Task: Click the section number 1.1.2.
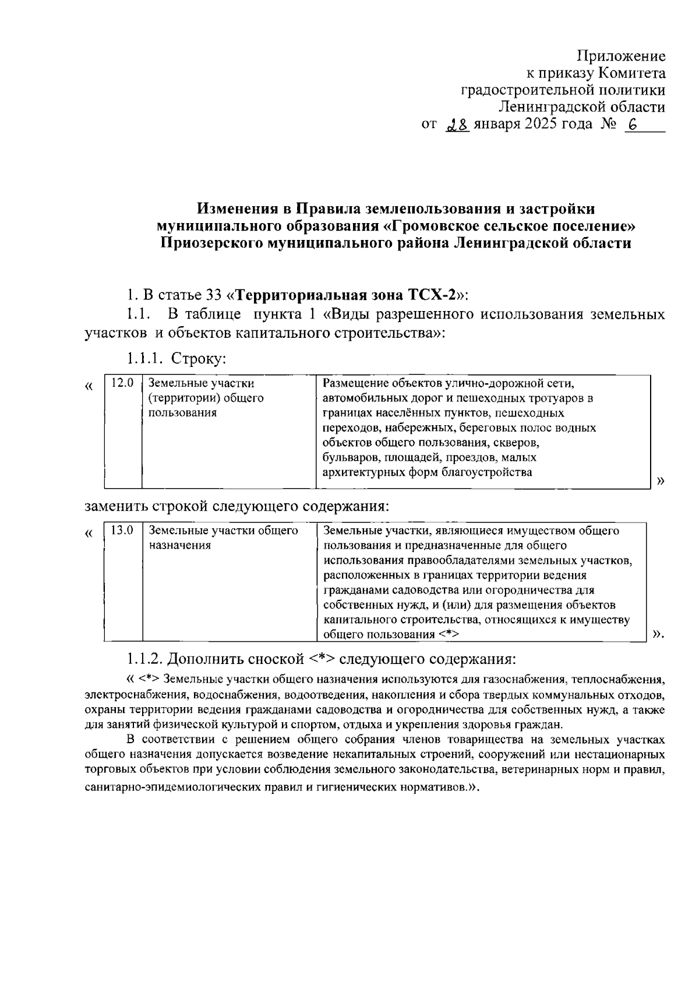[143, 659]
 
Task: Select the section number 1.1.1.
[143, 357]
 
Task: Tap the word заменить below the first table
[115, 506]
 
